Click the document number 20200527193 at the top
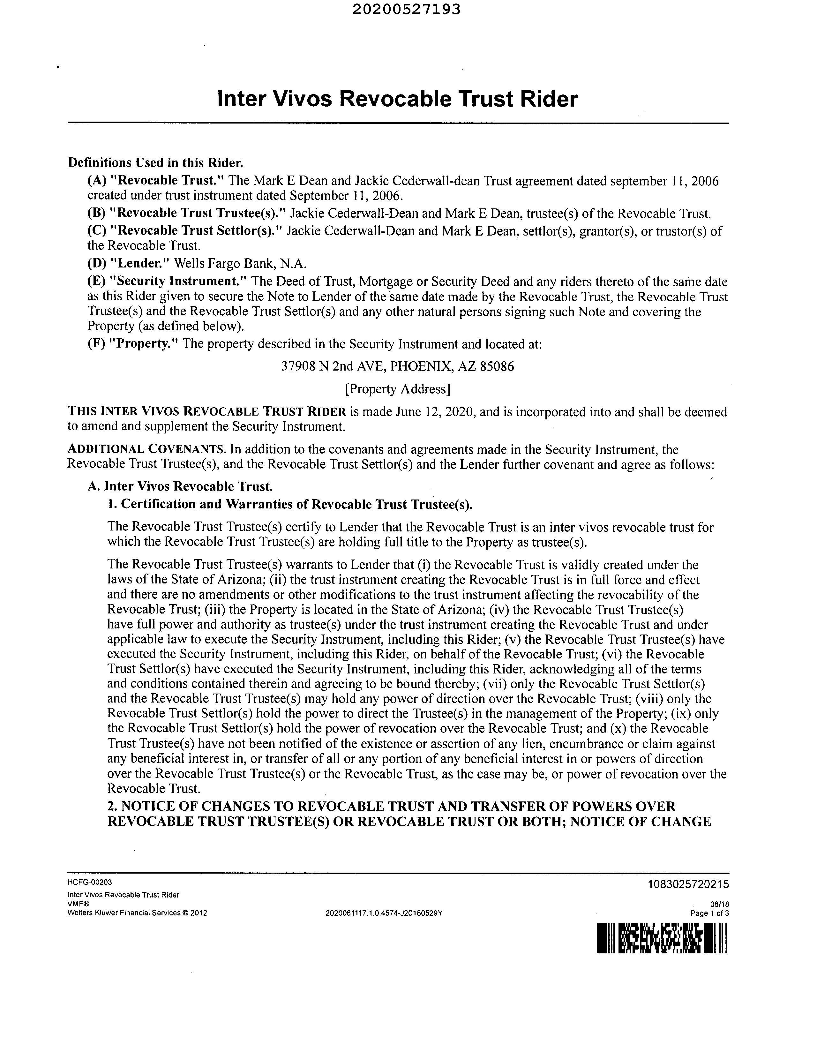click(x=406, y=10)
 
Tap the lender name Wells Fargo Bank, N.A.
click(x=240, y=264)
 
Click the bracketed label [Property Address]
click(x=397, y=389)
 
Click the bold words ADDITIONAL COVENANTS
click(x=146, y=449)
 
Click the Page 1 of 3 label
click(x=709, y=913)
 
